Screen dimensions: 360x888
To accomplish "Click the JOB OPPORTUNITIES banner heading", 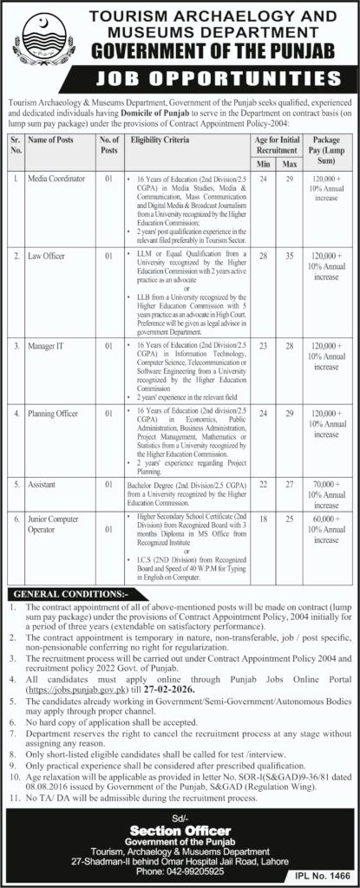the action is (x=180, y=81).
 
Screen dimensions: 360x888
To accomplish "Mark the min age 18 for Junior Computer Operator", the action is (x=264, y=517).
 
